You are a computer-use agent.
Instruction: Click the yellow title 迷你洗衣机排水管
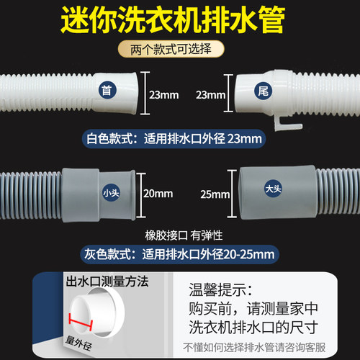179,21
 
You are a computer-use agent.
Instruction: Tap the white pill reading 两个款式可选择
179,50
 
